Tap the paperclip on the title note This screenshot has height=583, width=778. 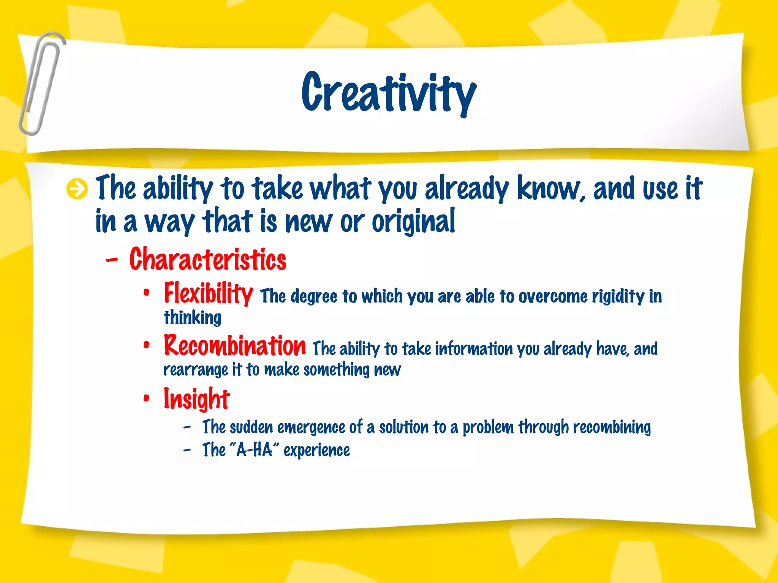pos(41,84)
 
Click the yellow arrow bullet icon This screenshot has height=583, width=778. pos(77,189)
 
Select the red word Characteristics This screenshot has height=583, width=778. pos(207,259)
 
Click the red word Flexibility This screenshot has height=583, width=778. pos(208,293)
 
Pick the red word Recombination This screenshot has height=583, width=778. pos(234,346)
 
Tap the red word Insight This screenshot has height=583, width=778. pos(196,399)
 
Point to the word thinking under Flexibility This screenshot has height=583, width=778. pos(192,318)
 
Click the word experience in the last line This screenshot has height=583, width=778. pos(316,451)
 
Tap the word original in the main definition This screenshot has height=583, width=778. pos(413,222)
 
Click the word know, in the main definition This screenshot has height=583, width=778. pos(551,188)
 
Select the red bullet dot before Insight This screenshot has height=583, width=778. pos(147,399)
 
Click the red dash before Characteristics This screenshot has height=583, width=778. pos(112,260)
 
